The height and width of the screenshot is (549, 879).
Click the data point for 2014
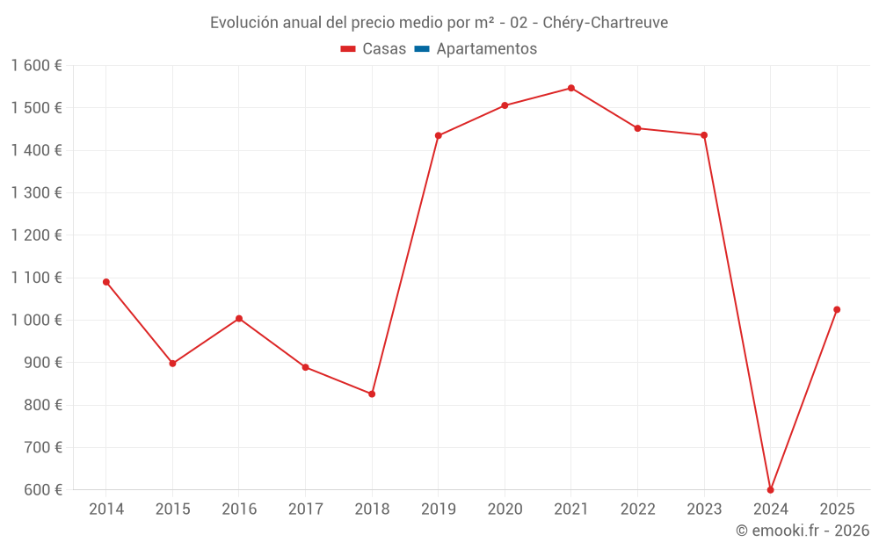(106, 282)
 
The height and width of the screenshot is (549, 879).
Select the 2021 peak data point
(571, 88)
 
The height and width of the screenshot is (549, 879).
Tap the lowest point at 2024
(771, 489)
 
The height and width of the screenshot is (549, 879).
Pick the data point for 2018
(372, 394)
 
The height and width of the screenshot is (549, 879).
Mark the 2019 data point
(439, 135)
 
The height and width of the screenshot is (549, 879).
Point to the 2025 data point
(837, 309)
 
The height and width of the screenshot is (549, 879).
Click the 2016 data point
(239, 318)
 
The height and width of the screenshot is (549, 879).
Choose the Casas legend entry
(374, 49)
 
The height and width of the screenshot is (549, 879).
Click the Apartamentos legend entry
(476, 49)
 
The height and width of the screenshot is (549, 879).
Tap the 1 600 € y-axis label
(36, 66)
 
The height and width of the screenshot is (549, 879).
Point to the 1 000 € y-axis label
(36, 321)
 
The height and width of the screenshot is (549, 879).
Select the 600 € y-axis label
(42, 490)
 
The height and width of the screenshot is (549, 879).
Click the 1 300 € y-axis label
(36, 193)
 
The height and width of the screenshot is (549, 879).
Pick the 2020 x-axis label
(505, 509)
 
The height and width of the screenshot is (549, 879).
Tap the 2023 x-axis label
(704, 509)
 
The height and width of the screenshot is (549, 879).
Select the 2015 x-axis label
(172, 509)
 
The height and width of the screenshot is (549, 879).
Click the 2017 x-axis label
(305, 509)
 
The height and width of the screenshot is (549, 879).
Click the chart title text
(439, 23)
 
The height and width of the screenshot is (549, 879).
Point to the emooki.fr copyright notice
(802, 531)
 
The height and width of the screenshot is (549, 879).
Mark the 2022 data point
(638, 128)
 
